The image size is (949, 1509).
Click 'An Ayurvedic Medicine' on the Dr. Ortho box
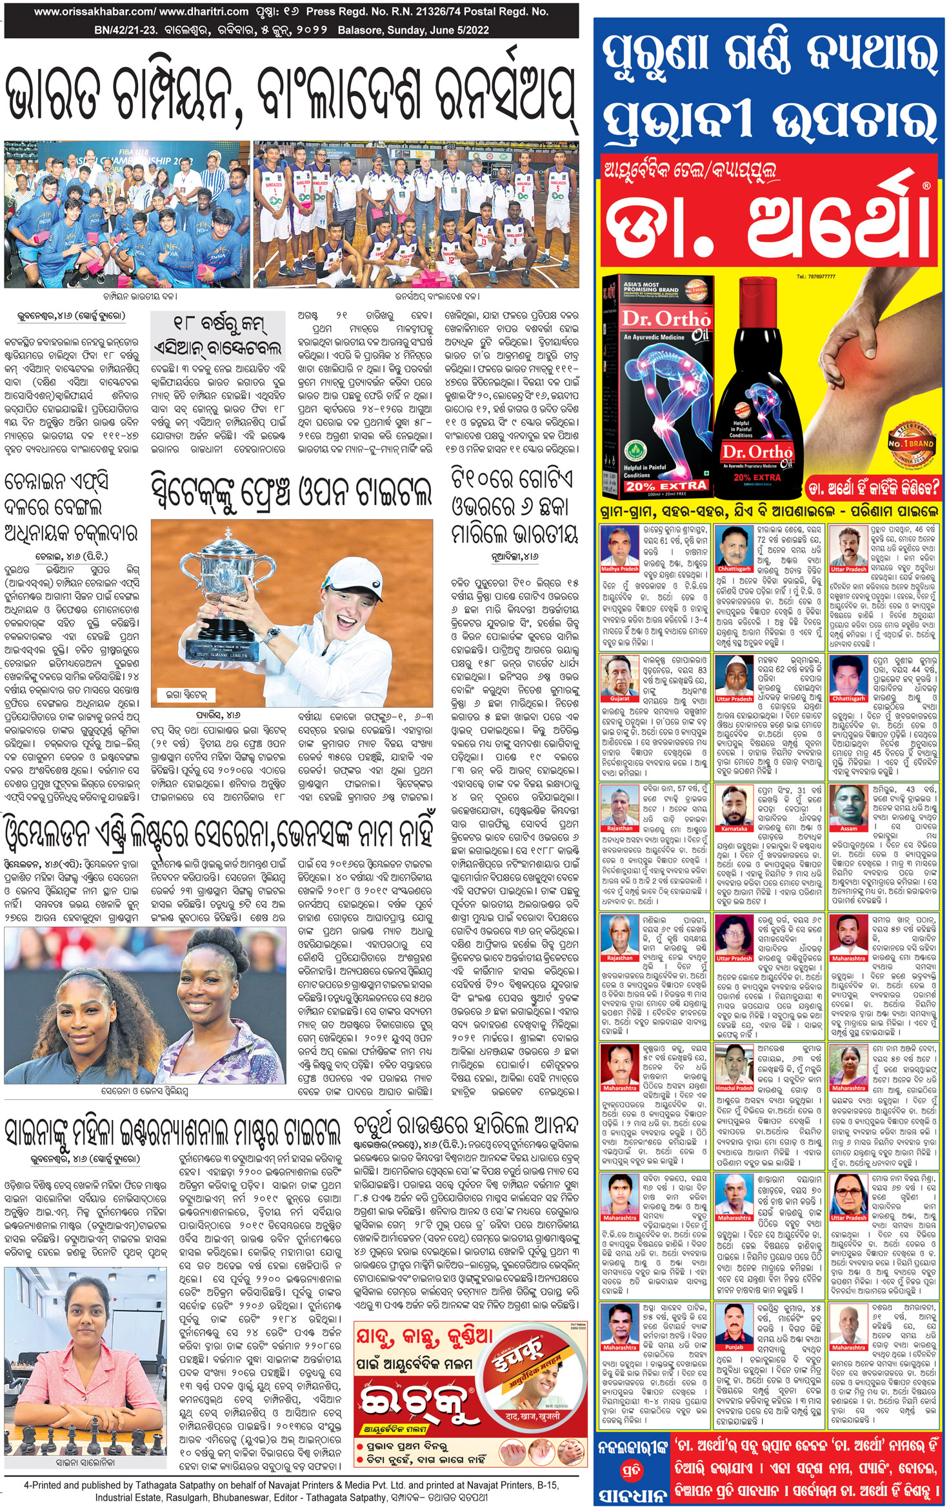pyautogui.click(x=653, y=337)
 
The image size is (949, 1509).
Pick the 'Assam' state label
pyautogui.click(x=848, y=828)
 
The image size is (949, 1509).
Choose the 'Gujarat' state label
pyautogui.click(x=620, y=698)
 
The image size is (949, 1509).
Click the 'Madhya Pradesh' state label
pyautogui.click(x=620, y=569)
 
